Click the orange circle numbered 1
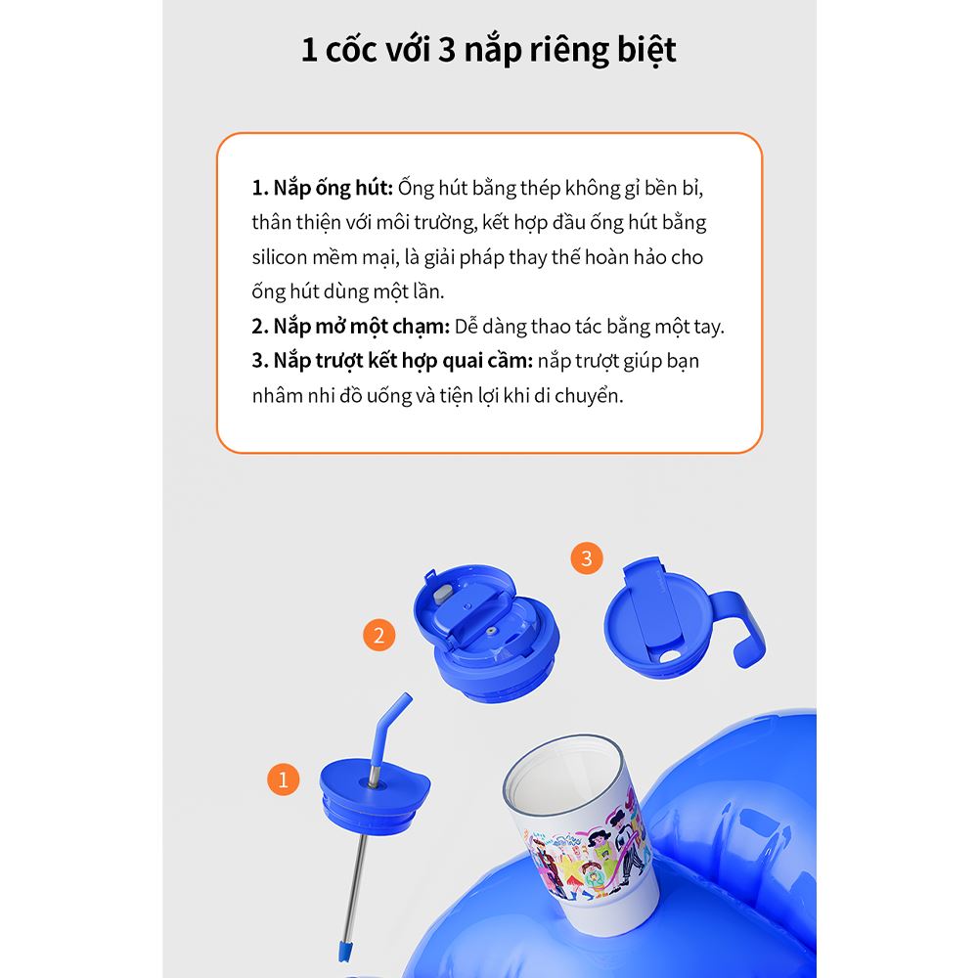tap(284, 779)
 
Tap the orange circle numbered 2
tap(378, 635)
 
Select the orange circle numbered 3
tap(586, 557)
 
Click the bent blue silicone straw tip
tap(389, 729)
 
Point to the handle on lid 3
tap(742, 630)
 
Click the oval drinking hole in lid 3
tap(669, 656)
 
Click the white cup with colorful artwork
tap(580, 829)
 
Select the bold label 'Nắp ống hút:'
tap(323, 188)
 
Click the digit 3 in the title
tap(447, 50)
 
